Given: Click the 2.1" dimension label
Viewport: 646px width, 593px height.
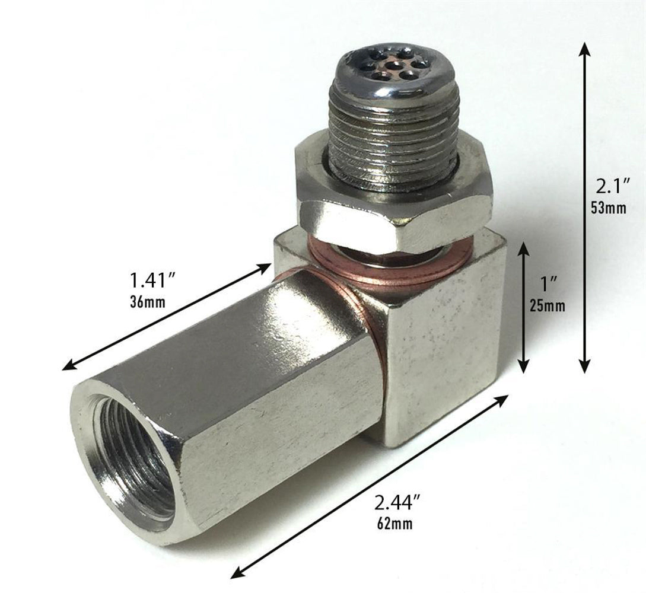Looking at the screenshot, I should [612, 188].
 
